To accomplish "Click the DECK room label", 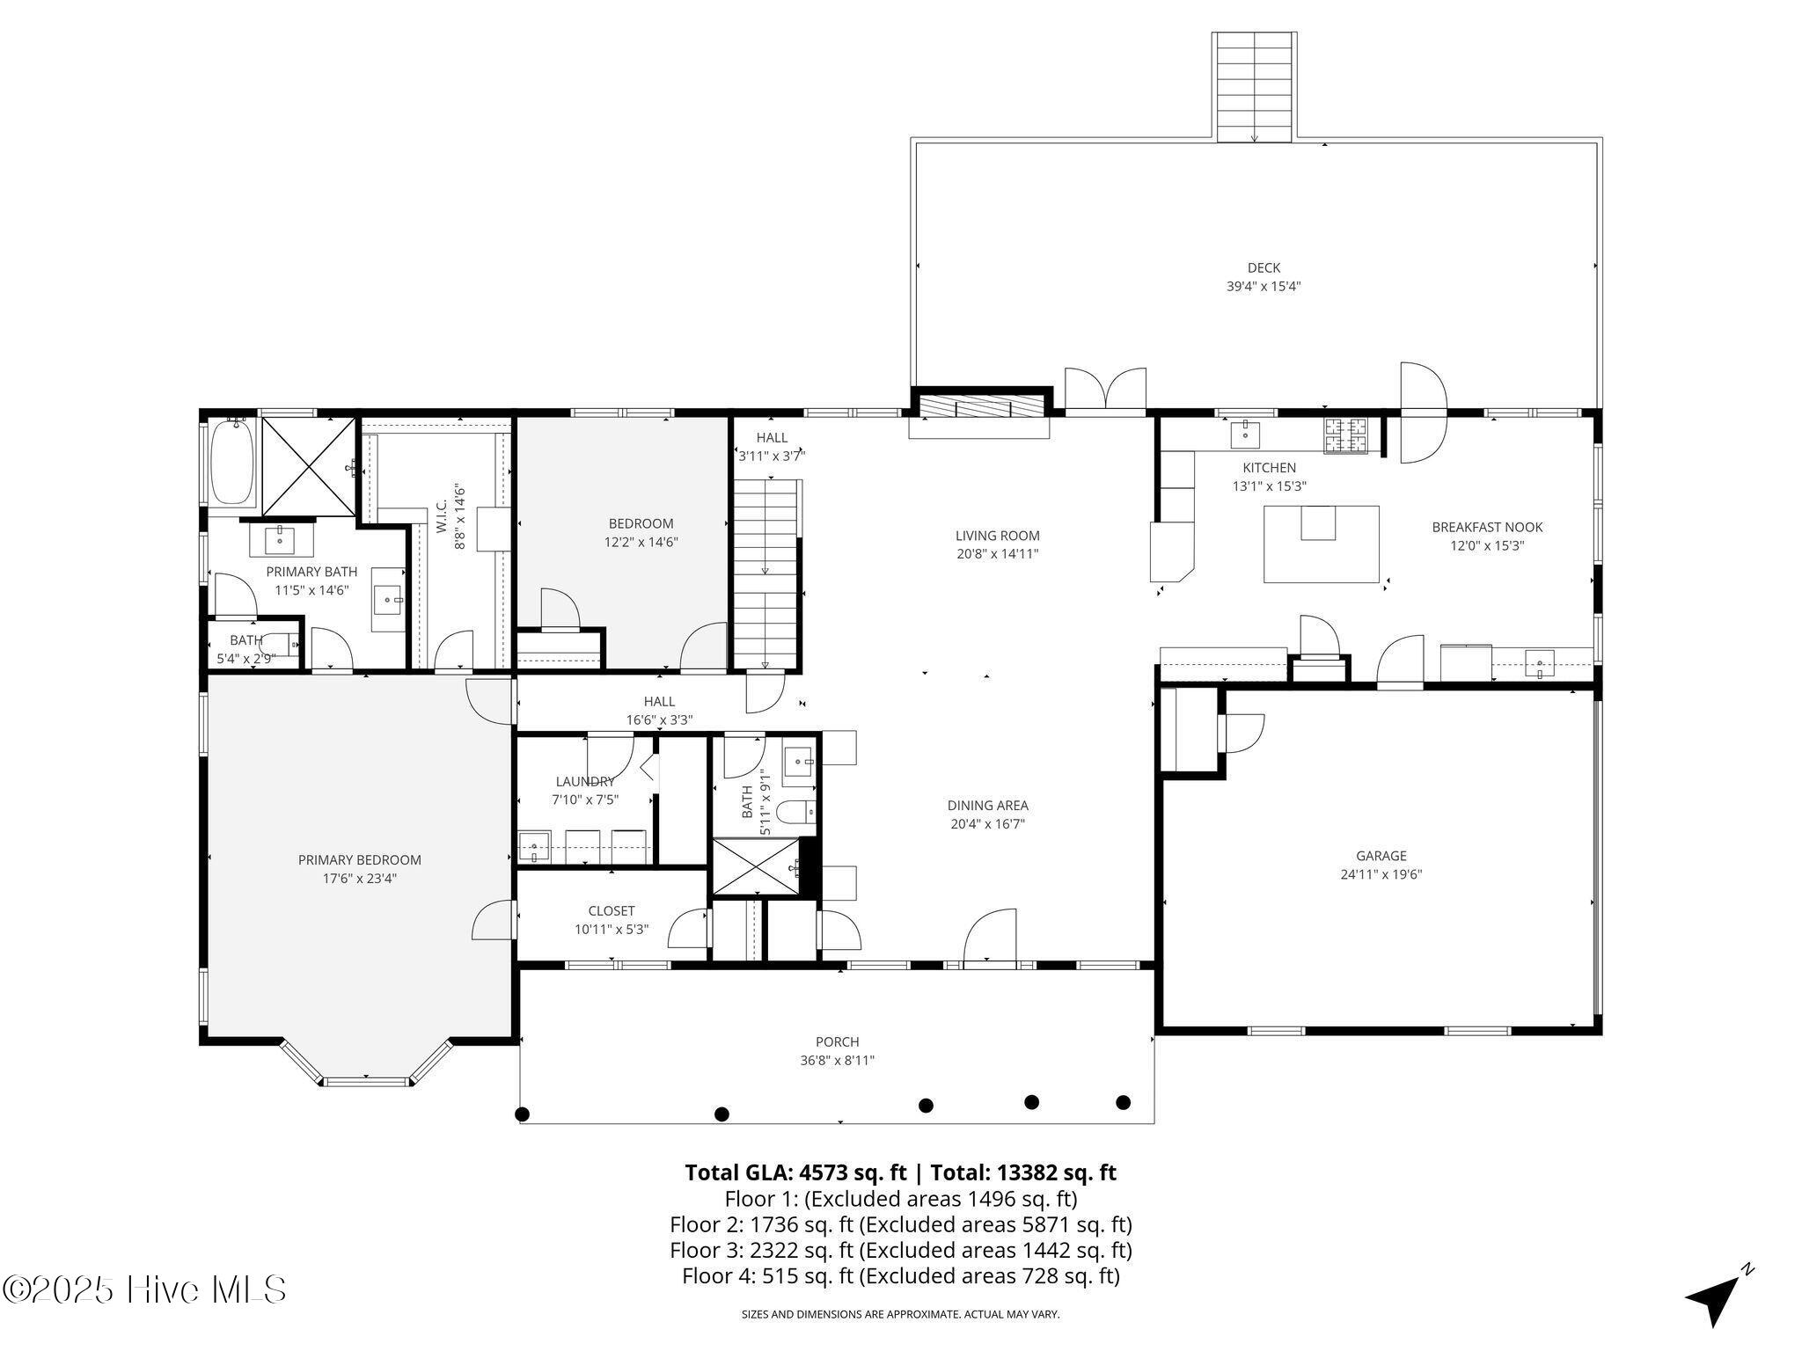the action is click(x=1264, y=268).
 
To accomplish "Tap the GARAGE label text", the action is click(x=1381, y=856).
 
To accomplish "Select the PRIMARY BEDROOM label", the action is click(x=359, y=860).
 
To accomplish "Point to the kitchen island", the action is click(x=1321, y=544).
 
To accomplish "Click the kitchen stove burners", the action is click(x=1346, y=435).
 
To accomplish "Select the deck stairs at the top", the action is click(x=1254, y=87).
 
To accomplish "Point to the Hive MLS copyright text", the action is click(x=144, y=1290).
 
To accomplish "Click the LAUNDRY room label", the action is click(x=585, y=782).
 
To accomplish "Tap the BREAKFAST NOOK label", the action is click(x=1487, y=528).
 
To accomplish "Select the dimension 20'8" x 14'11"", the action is click(x=997, y=554).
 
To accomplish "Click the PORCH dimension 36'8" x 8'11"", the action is click(x=837, y=1061).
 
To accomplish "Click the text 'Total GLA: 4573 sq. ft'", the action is click(x=795, y=1172).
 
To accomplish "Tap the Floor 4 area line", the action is click(x=901, y=1275).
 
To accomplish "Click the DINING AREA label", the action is click(x=987, y=806).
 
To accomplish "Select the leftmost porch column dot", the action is click(x=522, y=1114).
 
